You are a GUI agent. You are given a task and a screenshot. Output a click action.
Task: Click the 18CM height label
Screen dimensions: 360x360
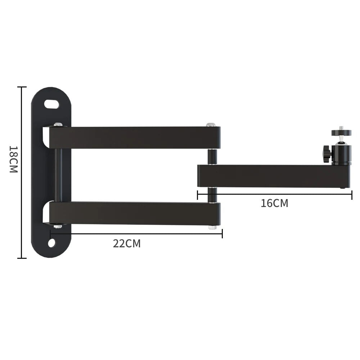(x=13, y=159)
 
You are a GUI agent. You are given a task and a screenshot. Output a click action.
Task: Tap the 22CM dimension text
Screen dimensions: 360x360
(x=127, y=244)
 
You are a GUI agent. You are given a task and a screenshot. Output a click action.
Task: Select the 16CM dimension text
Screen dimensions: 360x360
(x=274, y=203)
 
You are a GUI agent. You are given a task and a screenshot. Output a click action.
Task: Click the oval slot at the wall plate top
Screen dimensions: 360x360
(x=52, y=104)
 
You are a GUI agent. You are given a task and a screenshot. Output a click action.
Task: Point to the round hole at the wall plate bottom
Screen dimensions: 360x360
(x=52, y=243)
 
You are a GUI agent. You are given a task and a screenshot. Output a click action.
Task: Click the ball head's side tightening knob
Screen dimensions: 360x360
(x=327, y=154)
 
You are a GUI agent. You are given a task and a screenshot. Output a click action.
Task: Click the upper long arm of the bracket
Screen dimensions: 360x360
(x=135, y=138)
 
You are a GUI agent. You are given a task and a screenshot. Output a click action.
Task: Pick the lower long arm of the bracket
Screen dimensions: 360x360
(x=135, y=213)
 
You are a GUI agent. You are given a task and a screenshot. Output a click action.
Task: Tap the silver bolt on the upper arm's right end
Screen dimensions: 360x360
(x=211, y=125)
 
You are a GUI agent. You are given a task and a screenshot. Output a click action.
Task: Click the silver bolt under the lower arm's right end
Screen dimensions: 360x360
(x=212, y=227)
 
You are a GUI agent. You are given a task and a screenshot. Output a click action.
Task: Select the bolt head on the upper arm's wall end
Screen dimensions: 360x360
(x=58, y=125)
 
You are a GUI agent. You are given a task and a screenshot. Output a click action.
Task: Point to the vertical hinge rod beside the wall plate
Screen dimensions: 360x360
(x=58, y=175)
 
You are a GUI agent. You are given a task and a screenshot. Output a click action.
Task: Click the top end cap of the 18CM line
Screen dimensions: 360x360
(x=22, y=87)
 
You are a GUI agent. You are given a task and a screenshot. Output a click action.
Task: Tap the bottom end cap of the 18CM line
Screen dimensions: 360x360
(x=22, y=258)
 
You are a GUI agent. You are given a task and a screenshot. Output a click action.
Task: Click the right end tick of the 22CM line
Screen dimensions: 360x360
(x=222, y=234)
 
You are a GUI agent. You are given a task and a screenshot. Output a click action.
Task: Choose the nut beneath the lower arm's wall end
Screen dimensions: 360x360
(x=57, y=226)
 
